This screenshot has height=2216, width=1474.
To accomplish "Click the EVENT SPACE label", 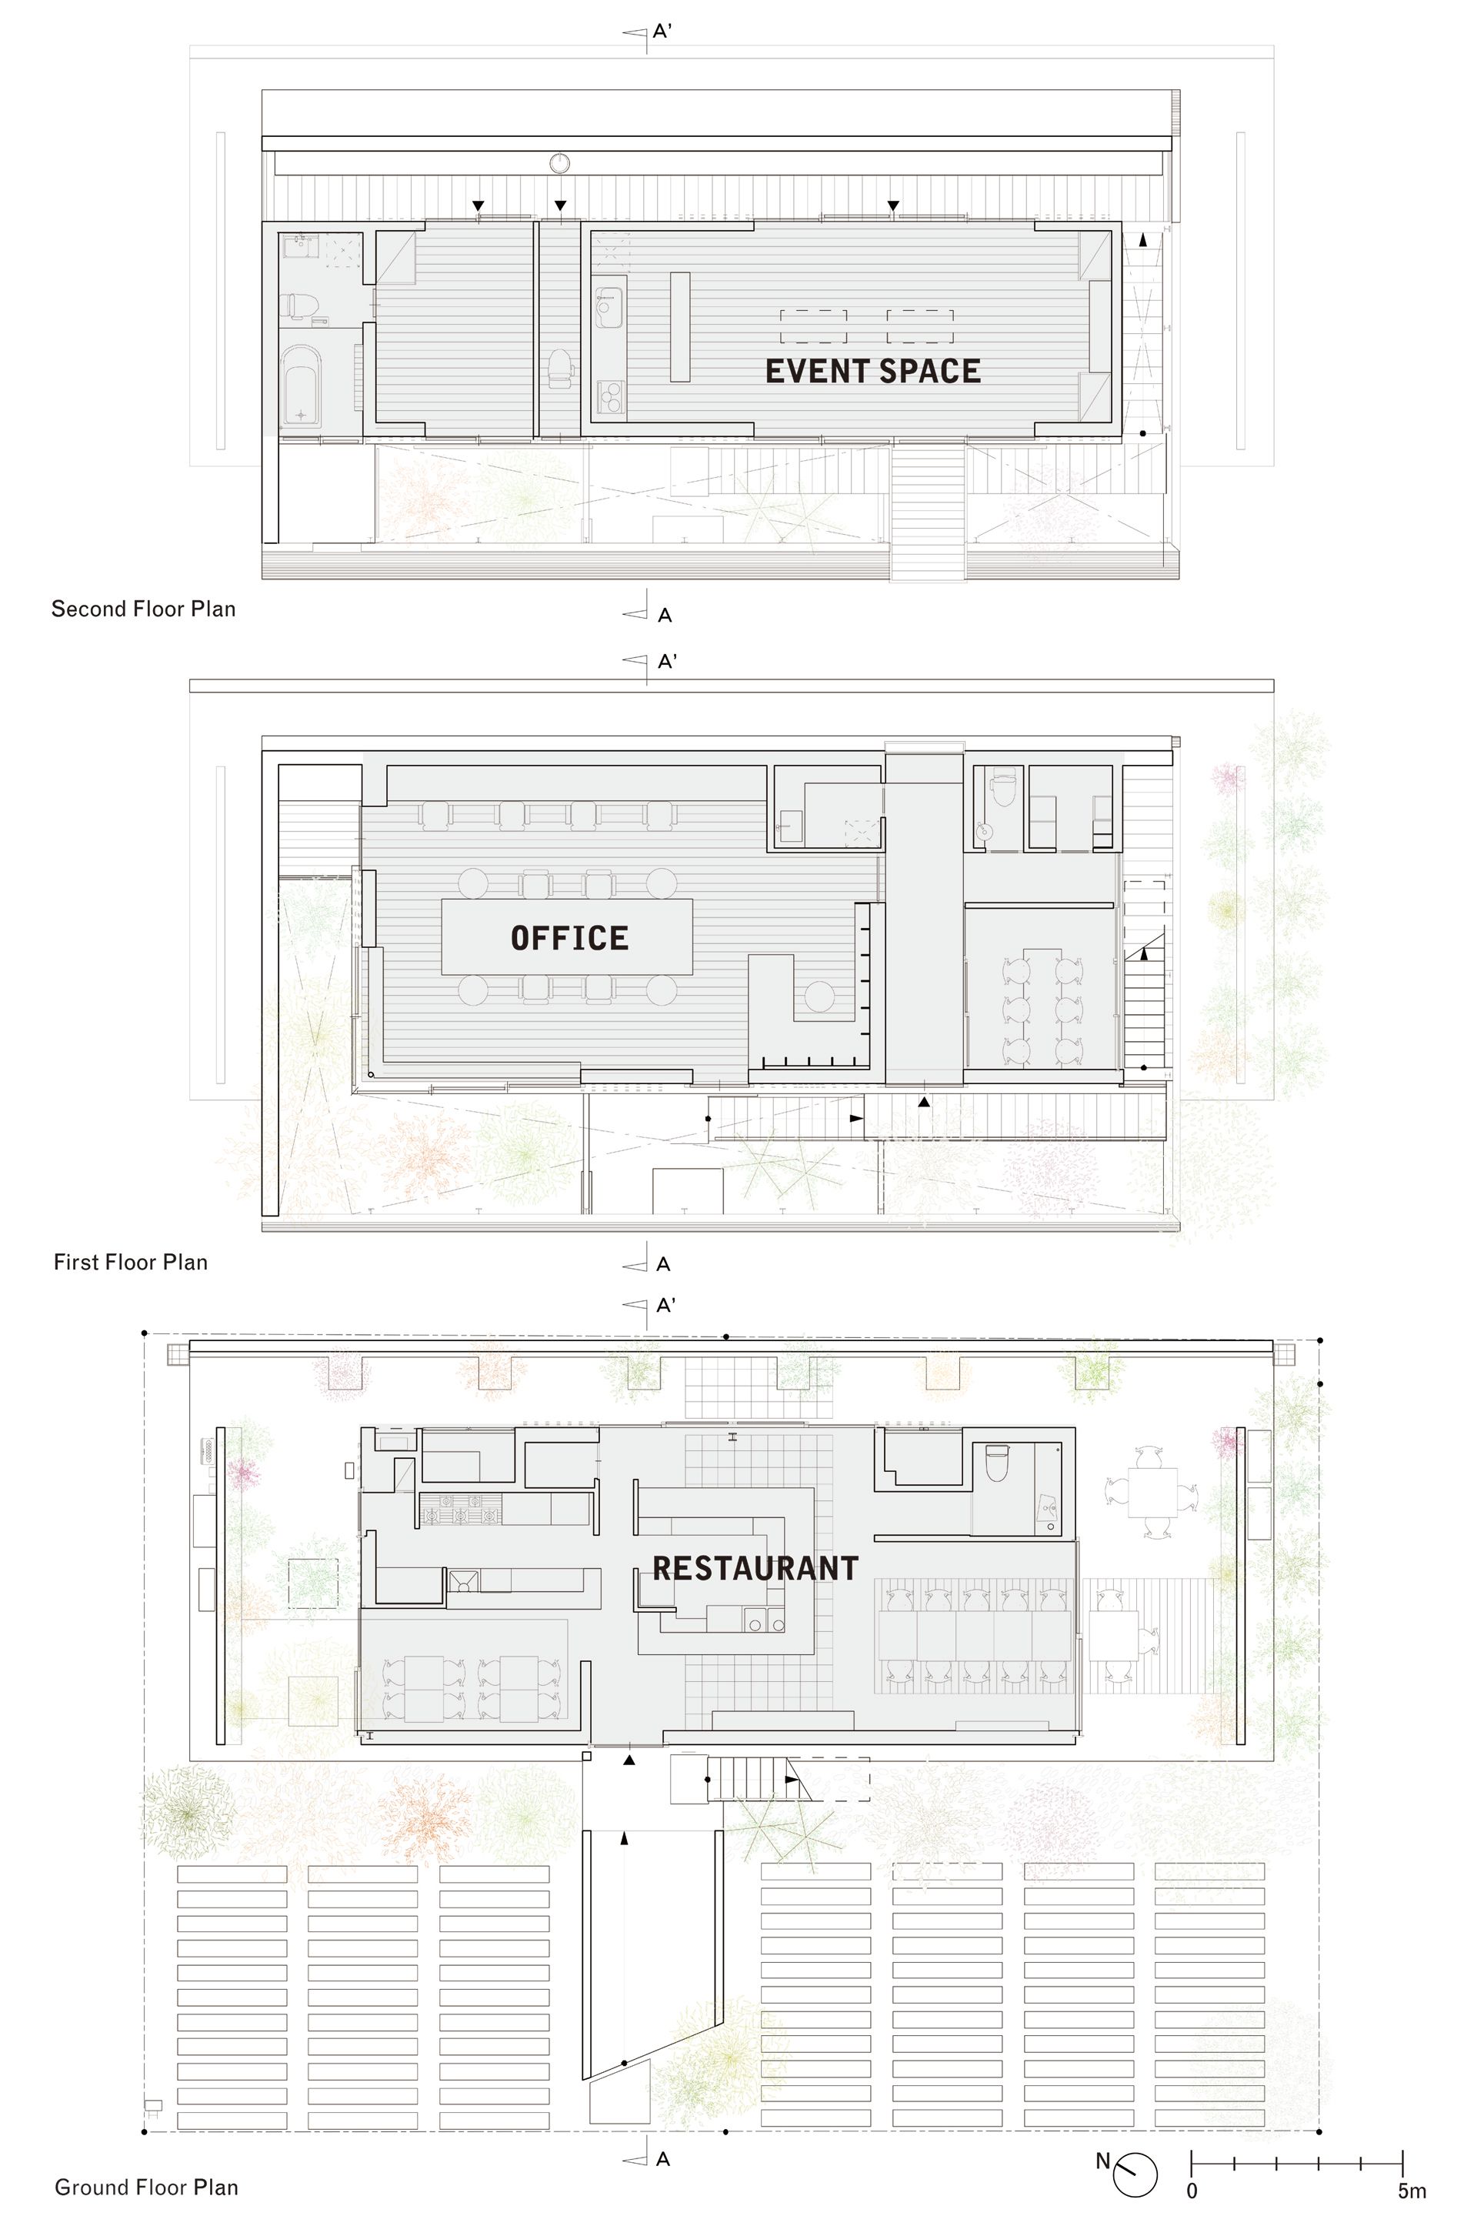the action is click(x=872, y=372).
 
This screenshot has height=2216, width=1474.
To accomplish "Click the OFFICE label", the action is click(x=569, y=938).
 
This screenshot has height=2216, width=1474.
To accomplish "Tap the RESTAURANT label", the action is click(x=755, y=1568).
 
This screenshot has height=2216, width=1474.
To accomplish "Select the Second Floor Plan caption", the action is click(x=143, y=609).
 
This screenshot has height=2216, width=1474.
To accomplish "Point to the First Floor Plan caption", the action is click(x=131, y=1262).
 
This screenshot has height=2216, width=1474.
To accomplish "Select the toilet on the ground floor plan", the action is click(x=995, y=1463).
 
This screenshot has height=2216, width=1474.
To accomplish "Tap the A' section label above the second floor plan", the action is click(x=662, y=31).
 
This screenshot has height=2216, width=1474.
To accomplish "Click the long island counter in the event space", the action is click(x=679, y=326).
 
